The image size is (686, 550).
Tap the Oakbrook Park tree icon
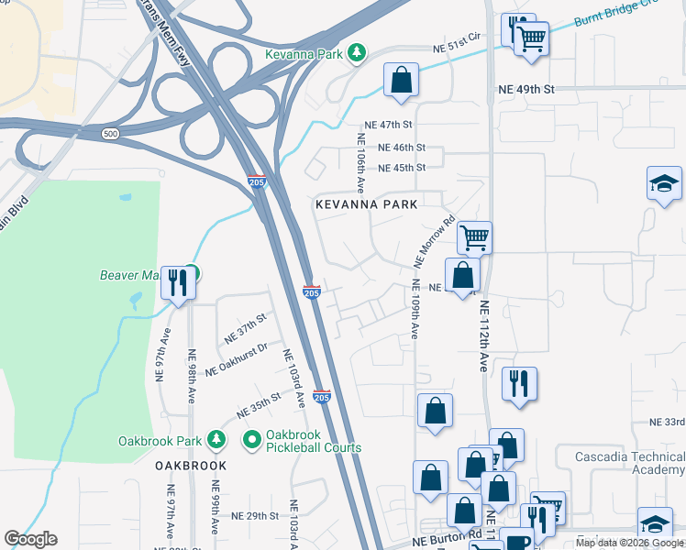[216, 441]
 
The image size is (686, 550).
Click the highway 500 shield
[111, 134]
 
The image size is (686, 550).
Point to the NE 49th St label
[526, 90]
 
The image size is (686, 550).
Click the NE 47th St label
[389, 124]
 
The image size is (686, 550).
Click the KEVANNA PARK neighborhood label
[367, 204]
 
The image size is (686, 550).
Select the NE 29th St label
[255, 516]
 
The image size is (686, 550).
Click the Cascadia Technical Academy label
[629, 463]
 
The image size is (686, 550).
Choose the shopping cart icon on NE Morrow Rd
[474, 238]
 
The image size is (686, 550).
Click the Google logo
[30, 539]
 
